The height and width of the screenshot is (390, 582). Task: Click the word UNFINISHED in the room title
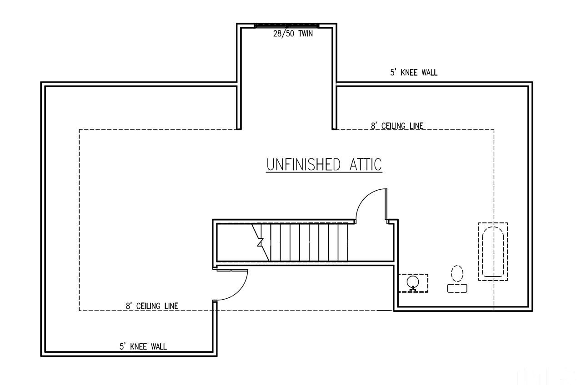303,164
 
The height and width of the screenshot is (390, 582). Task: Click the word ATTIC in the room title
366,164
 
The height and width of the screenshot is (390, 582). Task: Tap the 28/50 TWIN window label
293,34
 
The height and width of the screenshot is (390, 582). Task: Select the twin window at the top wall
286,26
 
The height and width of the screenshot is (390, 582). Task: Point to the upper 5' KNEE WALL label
414,72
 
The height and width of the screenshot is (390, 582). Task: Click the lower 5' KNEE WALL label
143,346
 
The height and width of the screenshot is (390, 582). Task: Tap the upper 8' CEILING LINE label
397,126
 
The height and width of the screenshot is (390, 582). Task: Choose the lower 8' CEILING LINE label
152,306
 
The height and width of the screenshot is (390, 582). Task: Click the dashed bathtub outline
493,252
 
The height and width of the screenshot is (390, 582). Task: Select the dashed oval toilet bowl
457,273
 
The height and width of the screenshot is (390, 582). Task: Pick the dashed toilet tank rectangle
457,289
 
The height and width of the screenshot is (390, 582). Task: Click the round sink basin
413,281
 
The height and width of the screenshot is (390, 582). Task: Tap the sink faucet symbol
413,289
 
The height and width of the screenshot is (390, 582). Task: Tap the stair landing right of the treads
370,242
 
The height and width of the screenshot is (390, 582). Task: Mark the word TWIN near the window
306,34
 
